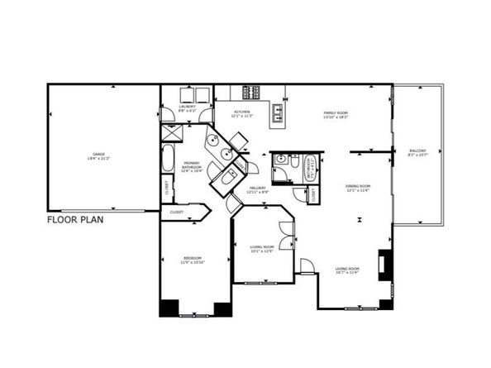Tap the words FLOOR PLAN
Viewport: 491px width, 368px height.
[x=74, y=220]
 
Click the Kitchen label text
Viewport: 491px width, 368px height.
[x=242, y=113]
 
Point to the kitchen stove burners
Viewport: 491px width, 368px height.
[x=251, y=92]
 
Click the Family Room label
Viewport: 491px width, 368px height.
[x=335, y=114]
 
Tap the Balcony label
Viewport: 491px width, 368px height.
[x=417, y=151]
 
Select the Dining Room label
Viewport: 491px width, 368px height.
[x=357, y=188]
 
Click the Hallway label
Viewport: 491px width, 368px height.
[x=257, y=191]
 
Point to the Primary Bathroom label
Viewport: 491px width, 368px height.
[x=191, y=167]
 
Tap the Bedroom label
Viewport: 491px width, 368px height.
[x=193, y=260]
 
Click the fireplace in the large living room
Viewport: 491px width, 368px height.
[x=384, y=264]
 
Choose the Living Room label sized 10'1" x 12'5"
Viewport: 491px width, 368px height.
[x=262, y=248]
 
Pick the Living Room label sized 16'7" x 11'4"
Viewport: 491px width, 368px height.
[x=347, y=270]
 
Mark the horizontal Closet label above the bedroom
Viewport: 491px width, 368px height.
[x=178, y=213]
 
